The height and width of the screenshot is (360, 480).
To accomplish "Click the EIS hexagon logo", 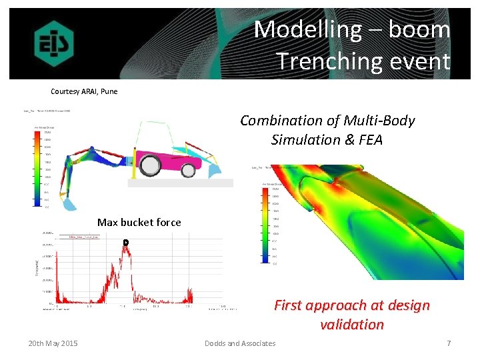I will tap(54, 44).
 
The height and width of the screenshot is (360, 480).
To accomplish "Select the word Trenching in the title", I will tap(319, 61).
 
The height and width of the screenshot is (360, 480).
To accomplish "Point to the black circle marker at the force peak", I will tap(125, 241).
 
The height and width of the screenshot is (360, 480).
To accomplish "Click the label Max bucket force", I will tap(139, 222).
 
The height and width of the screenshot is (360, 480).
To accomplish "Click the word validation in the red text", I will tap(351, 325).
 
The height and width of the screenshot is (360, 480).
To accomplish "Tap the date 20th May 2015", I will tap(53, 343).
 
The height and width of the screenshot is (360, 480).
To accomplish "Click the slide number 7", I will tap(449, 343).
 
